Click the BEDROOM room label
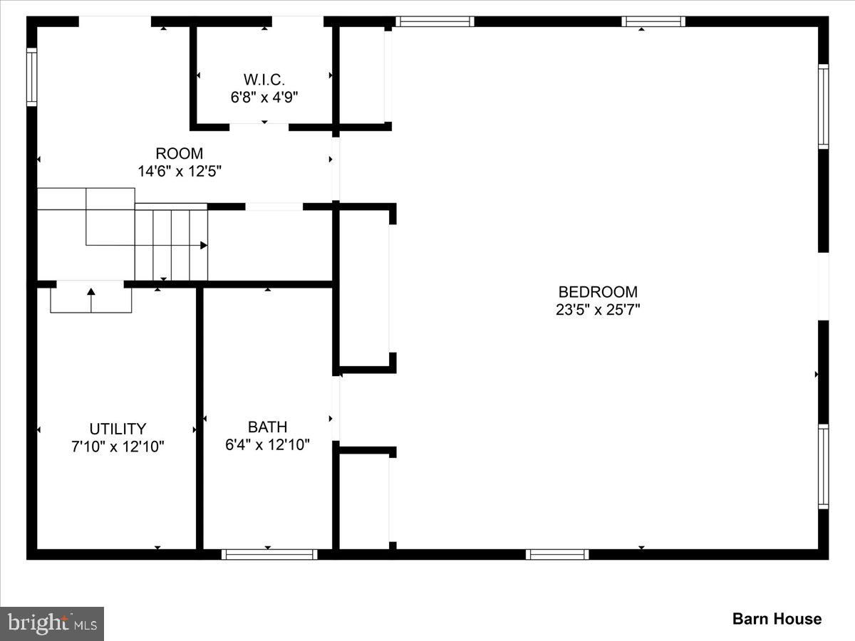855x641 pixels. [598, 292]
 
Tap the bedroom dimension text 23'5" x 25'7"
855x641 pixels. [598, 310]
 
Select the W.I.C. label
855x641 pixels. [264, 80]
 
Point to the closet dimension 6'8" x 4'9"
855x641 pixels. [264, 98]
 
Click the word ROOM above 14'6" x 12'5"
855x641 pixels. [179, 154]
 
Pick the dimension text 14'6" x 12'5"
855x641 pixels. [180, 171]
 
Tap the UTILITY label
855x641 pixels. [118, 429]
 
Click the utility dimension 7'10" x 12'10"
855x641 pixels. [118, 447]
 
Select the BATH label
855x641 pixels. [268, 427]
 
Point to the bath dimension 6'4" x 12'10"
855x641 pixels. [268, 444]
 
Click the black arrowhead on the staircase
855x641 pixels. [204, 245]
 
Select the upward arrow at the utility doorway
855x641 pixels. [91, 300]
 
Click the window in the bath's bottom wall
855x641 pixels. [269, 554]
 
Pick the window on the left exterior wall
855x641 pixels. [31, 77]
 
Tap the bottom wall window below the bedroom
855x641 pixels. [557, 554]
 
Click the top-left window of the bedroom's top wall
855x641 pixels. [435, 21]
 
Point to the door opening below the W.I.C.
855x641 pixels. [259, 127]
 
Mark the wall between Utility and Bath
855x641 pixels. [199, 418]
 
